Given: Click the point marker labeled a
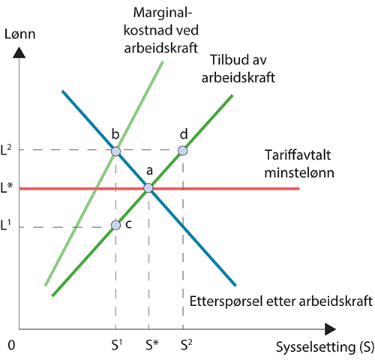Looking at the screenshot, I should click(148, 187).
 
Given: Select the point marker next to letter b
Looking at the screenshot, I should click(115, 151).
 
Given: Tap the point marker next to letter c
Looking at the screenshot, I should click(115, 225).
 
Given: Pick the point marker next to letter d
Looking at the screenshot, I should click(182, 151).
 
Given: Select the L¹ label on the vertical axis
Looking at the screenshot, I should click(7, 225).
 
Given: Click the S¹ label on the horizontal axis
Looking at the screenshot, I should click(115, 346).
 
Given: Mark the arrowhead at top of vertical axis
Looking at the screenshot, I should click(19, 54).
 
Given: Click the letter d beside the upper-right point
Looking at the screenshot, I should click(184, 134).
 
